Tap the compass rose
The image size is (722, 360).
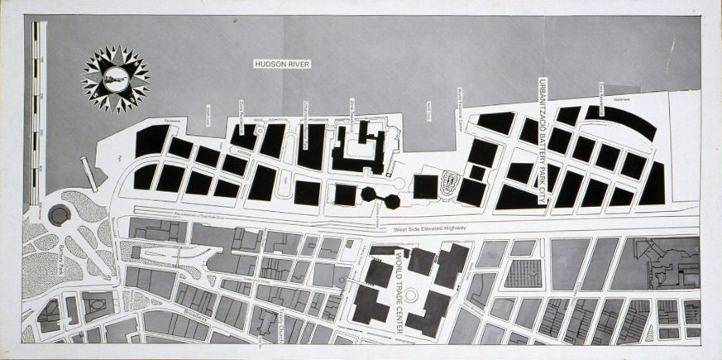[x=115, y=79]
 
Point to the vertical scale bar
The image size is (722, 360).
[x=36, y=116]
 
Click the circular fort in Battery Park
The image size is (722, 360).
[x=59, y=215]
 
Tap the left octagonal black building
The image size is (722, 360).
[x=369, y=195]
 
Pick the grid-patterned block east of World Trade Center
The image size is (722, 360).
[x=523, y=273]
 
